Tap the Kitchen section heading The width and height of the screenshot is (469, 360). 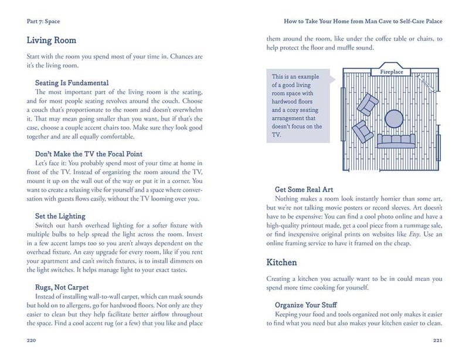tap(281, 262)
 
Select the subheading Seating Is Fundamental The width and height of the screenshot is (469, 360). tap(72, 83)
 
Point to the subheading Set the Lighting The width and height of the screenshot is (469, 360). tap(60, 216)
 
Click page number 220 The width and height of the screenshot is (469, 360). tap(33, 340)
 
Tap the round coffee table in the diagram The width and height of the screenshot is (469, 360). tap(393, 120)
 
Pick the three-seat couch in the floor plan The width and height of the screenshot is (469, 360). tap(396, 141)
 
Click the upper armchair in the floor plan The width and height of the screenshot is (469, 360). tap(368, 104)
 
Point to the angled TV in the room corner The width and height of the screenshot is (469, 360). tap(427, 84)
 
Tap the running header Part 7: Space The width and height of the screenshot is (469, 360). tap(43, 21)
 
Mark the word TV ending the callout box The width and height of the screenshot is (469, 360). tap(277, 135)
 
